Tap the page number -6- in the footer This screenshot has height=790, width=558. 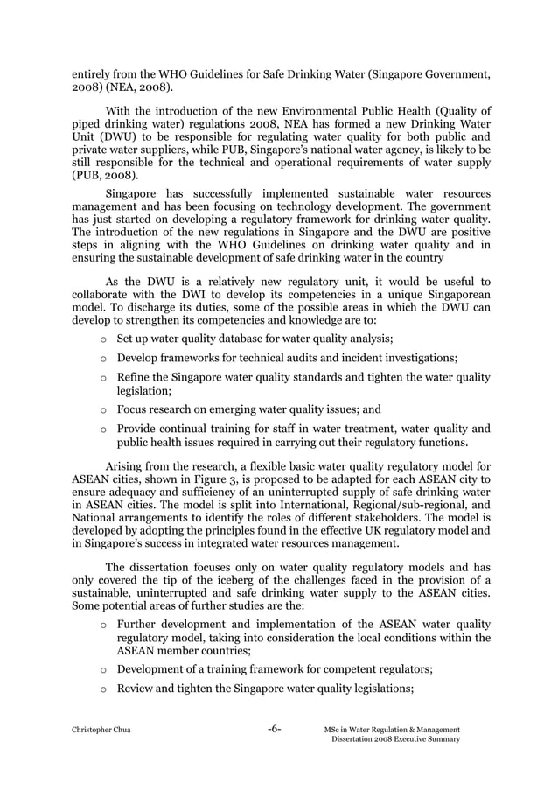coord(274,729)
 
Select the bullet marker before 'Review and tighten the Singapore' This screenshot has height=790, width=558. coord(104,691)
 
